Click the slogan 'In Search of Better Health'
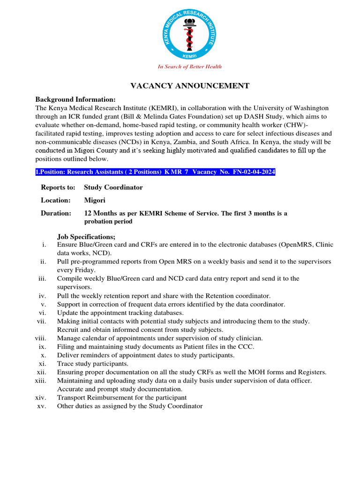tap(189, 67)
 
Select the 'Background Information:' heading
tap(75, 99)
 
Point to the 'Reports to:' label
tap(58, 187)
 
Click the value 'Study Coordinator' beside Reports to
tap(113, 187)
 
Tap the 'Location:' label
tap(56, 200)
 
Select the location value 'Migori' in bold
tap(95, 200)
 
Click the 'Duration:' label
tap(56, 213)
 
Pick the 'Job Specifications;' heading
tap(86, 237)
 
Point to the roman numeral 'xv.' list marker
tap(42, 406)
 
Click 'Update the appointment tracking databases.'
tap(120, 313)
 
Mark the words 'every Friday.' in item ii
tap(76, 270)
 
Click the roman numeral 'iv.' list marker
tap(42, 296)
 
